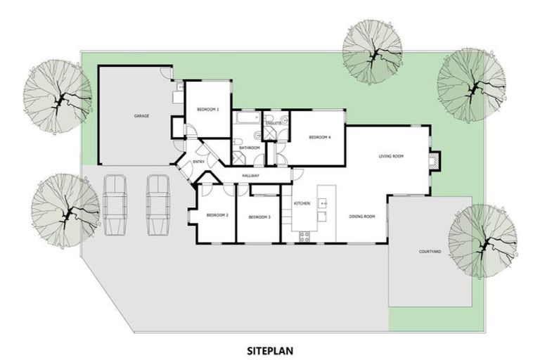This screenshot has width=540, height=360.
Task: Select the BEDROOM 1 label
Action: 208,110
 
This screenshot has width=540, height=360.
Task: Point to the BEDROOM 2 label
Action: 217,215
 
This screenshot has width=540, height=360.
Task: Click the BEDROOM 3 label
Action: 259,217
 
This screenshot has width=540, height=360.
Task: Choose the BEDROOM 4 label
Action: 319,137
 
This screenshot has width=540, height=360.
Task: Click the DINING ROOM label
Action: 362,216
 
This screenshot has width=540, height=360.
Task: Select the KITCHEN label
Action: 302,203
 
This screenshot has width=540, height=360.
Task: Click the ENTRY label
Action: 198,162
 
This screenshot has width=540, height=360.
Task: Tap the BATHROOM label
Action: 250,148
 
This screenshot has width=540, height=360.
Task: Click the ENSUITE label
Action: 274,124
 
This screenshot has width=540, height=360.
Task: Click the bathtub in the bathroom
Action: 247,120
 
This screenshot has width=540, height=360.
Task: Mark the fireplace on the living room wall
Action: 435,161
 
